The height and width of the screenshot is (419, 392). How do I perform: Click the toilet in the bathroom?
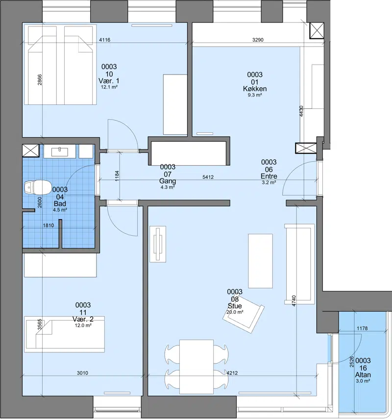(38, 187)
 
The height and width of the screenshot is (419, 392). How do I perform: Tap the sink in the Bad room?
(59, 151)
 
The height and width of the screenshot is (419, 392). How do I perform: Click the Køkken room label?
(255, 88)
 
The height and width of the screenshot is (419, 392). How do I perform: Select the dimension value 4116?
(104, 40)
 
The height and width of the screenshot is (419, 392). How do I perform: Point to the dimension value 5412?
(208, 177)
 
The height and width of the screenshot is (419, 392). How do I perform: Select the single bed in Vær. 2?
(64, 334)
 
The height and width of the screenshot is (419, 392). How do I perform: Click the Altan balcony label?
(363, 374)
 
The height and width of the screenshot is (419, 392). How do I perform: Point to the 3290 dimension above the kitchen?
(258, 40)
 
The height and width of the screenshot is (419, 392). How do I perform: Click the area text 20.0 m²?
(235, 312)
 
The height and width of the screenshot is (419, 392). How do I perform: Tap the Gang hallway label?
(168, 181)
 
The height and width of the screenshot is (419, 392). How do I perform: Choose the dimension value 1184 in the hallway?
(117, 176)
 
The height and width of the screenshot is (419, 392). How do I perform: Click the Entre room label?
(269, 176)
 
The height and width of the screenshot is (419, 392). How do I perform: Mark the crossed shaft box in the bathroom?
(31, 150)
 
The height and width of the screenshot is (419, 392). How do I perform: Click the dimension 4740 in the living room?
(294, 301)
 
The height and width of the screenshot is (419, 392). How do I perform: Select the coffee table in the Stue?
(261, 261)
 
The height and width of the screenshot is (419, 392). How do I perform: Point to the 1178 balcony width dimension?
(362, 328)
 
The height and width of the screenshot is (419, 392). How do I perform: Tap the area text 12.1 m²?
(109, 87)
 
